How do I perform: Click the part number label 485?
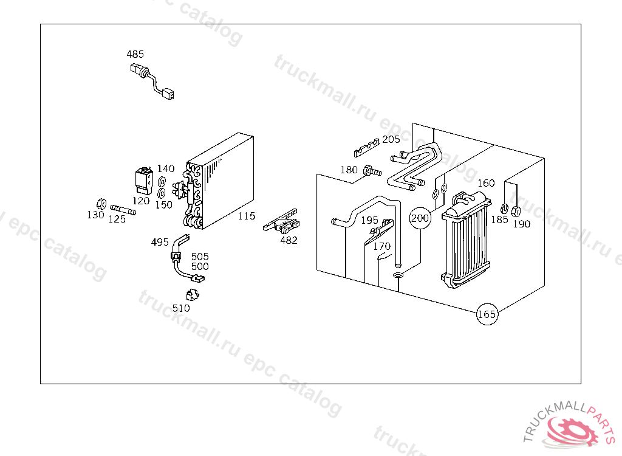click(135, 54)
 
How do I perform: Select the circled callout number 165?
click(487, 314)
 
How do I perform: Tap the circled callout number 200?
click(420, 218)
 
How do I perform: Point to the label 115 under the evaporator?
click(246, 216)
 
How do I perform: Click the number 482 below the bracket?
click(289, 240)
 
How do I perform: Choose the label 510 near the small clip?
click(180, 308)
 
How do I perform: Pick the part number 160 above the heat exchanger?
click(486, 183)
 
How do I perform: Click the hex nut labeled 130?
click(101, 203)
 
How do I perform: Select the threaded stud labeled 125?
click(122, 210)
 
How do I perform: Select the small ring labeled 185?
click(504, 209)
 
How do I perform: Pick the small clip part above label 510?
click(194, 295)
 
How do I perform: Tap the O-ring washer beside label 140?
click(162, 182)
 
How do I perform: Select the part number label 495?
click(160, 242)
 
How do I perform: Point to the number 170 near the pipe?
click(381, 247)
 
